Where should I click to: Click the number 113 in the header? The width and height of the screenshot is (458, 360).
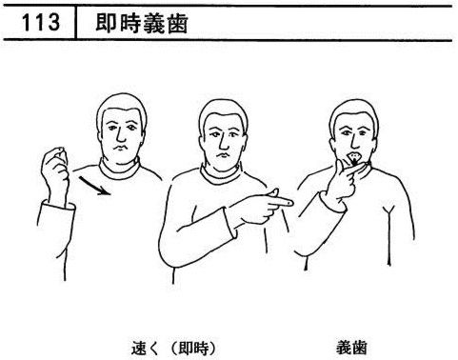(41, 23)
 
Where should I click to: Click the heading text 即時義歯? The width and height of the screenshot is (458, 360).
(142, 24)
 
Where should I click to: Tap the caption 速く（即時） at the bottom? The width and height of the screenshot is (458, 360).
(173, 349)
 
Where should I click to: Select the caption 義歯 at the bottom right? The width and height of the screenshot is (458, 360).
(351, 348)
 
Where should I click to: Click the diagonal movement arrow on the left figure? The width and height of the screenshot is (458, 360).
(94, 186)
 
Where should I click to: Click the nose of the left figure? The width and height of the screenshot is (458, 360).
(120, 135)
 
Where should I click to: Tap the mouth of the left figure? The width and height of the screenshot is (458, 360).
(120, 149)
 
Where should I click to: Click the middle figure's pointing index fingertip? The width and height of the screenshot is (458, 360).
(289, 202)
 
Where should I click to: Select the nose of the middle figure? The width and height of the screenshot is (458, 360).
(224, 143)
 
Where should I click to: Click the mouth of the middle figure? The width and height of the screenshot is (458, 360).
(223, 155)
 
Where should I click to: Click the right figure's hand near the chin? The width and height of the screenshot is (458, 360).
(343, 181)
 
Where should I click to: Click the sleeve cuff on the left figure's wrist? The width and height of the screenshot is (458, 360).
(57, 206)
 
